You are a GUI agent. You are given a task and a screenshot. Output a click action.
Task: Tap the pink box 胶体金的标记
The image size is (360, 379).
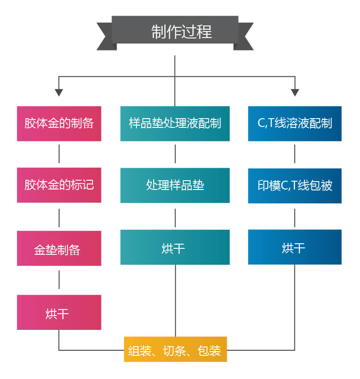coord(59,185)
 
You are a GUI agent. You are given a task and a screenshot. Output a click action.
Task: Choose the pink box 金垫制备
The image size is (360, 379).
coord(59,248)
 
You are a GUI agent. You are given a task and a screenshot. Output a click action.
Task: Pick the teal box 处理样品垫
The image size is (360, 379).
coord(175,185)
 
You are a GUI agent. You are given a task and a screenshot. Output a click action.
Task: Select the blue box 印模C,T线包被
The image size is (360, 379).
coord(295,185)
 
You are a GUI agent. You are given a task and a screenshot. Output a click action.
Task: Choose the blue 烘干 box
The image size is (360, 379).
coord(295,247)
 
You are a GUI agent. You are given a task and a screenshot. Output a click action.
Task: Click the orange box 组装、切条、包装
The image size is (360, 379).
coord(175,349)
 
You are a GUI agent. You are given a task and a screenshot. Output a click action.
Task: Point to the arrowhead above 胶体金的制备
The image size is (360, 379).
coord(59,92)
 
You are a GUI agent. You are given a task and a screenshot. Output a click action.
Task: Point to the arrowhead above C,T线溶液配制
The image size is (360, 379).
coord(295,92)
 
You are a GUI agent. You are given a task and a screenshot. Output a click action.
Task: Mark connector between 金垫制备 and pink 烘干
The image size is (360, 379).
coord(59,280)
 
